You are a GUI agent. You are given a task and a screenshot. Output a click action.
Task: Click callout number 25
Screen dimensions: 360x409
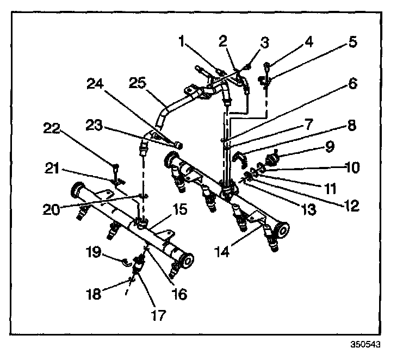pyautogui.click(x=138, y=83)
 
